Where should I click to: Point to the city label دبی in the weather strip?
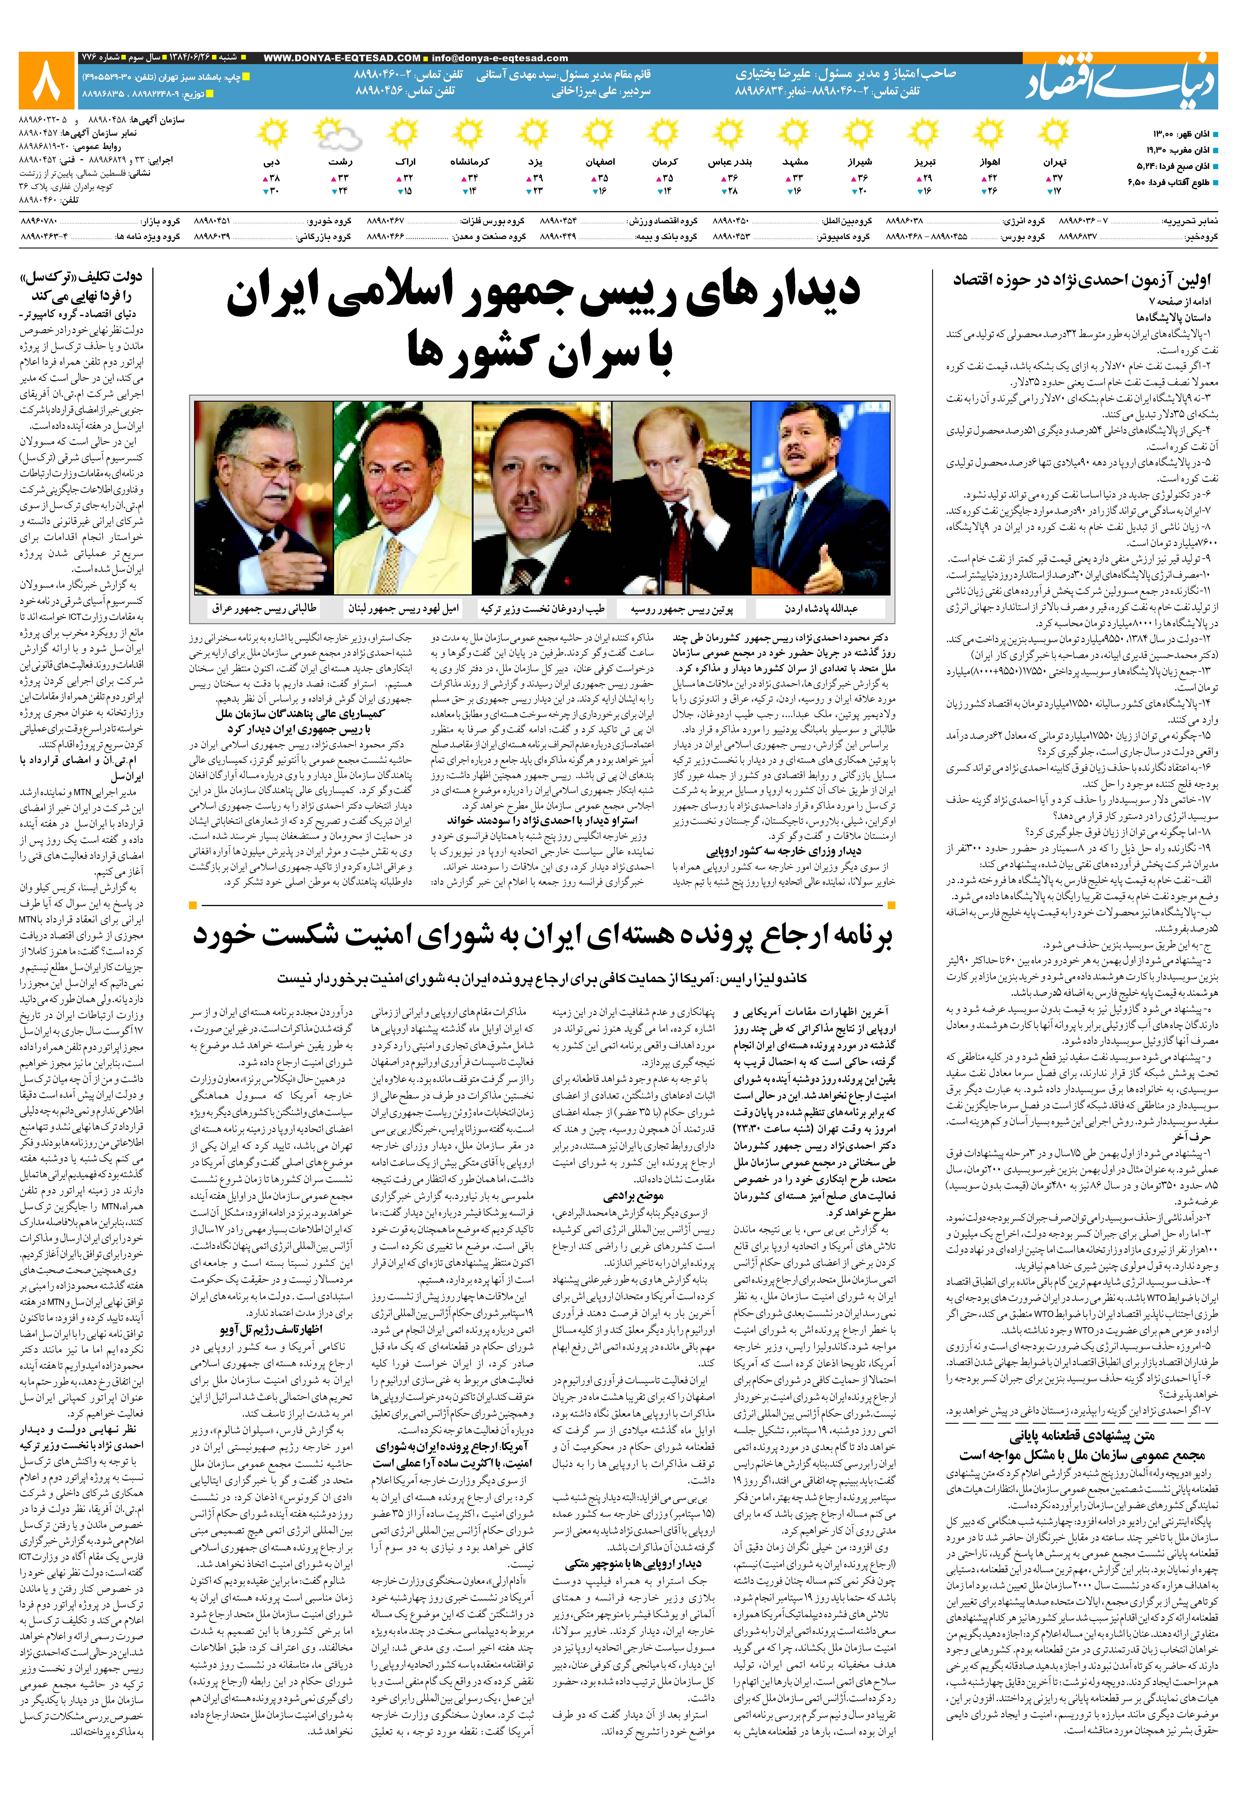click(271, 163)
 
